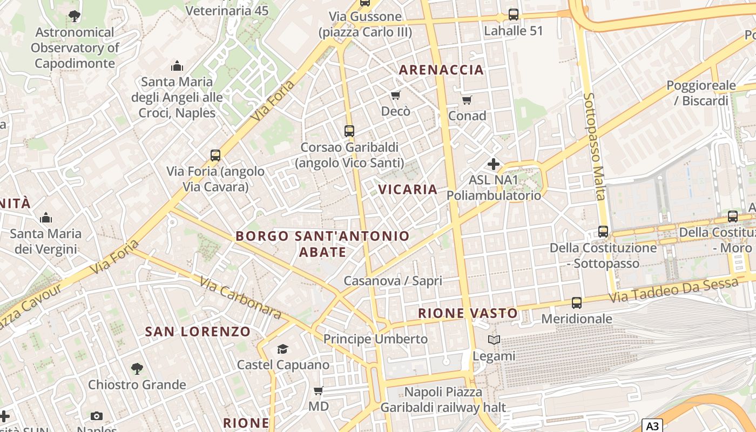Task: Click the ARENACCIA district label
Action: tap(441, 70)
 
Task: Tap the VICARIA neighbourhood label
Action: tap(408, 189)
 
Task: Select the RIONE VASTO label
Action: tap(468, 313)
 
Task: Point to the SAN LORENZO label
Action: tap(198, 332)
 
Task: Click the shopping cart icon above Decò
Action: tap(396, 96)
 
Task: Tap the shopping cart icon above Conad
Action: tap(467, 100)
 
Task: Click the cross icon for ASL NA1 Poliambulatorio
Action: tap(494, 164)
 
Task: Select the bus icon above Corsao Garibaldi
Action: tap(349, 131)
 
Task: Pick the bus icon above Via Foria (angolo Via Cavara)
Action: tap(215, 156)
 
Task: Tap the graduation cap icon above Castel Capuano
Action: tap(282, 349)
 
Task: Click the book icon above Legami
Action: tap(494, 340)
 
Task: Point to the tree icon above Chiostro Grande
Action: tap(137, 369)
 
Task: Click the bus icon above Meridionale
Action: tap(577, 303)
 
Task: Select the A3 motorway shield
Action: tap(653, 426)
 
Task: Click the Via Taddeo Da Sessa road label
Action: tap(673, 291)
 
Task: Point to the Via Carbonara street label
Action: tap(240, 298)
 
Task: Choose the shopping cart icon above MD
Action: tap(319, 390)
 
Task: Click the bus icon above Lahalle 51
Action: tap(514, 15)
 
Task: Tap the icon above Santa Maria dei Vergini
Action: tap(46, 218)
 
